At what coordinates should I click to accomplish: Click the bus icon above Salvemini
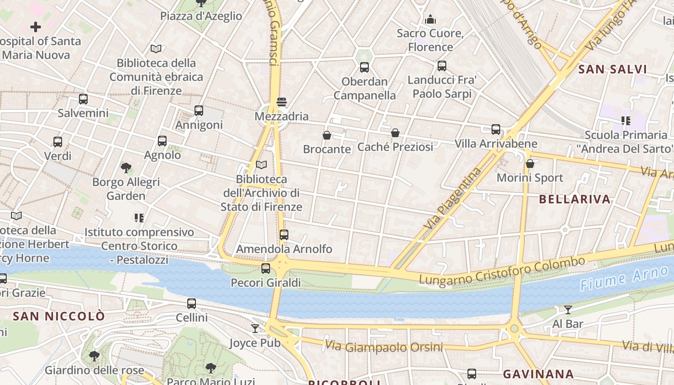click(83, 99)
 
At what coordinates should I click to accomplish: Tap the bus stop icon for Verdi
click(58, 142)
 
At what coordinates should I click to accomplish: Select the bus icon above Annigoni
click(199, 111)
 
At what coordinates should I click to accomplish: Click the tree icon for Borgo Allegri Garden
click(126, 168)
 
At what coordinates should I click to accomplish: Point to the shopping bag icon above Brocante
click(327, 135)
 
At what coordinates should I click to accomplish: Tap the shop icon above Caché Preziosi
click(395, 133)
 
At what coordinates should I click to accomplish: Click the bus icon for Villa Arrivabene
click(496, 129)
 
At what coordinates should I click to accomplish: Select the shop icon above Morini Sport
click(530, 164)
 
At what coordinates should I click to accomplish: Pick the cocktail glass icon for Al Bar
click(568, 309)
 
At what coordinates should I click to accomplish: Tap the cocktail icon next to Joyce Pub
click(255, 329)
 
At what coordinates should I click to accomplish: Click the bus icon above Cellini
click(192, 304)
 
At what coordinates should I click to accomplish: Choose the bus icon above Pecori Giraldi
click(266, 269)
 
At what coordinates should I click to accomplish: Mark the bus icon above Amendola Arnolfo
click(284, 235)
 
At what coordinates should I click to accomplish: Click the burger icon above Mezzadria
click(282, 102)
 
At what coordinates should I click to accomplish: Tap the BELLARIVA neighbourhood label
click(574, 199)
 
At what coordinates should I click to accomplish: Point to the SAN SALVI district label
click(612, 69)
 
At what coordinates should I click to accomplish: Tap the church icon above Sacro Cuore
click(430, 19)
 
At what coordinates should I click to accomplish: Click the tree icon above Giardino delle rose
click(94, 356)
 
